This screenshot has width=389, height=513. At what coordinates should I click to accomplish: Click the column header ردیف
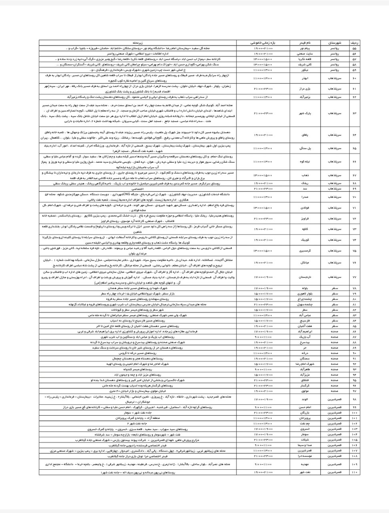coord(354,42)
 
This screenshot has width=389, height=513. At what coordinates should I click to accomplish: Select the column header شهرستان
coord(334,42)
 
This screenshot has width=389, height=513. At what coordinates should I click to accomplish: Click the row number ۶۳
coord(354,113)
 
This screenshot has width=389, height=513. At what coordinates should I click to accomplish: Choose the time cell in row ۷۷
coord(266,277)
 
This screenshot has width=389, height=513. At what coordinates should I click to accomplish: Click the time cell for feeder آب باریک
coord(266,337)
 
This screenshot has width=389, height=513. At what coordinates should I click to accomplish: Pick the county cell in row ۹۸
coord(334,399)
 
